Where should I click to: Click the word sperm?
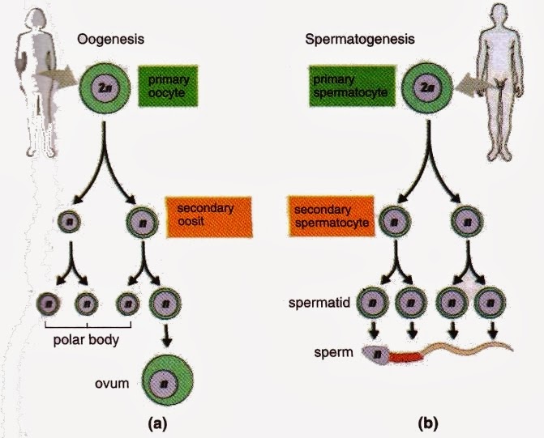[332, 353]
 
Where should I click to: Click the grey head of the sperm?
[375, 352]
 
